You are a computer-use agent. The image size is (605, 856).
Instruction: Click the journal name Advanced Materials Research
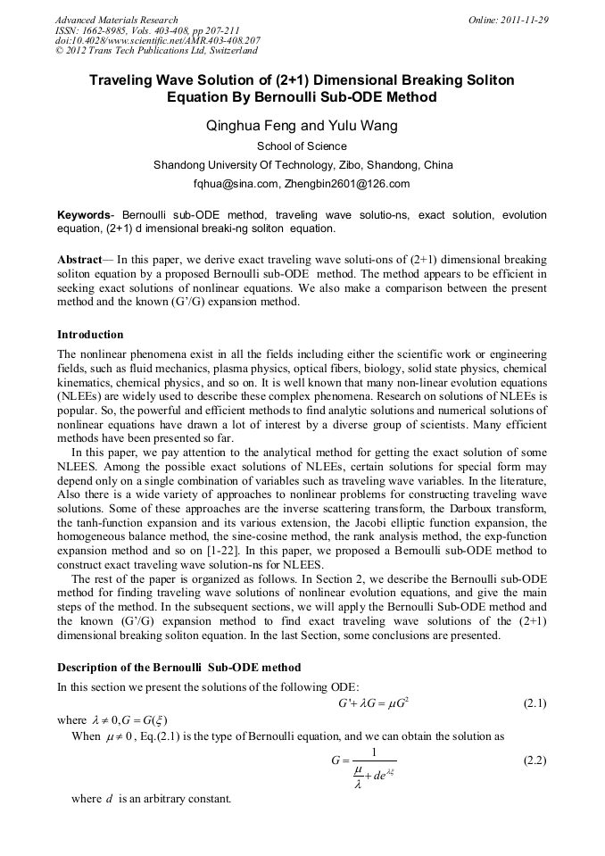coord(116,20)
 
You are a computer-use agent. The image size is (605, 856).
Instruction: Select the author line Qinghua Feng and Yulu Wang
coord(302,126)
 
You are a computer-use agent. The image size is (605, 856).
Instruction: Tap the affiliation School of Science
coord(302,146)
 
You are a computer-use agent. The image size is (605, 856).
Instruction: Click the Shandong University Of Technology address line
coord(302,165)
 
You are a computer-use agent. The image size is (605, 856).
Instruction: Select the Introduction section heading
coord(90,335)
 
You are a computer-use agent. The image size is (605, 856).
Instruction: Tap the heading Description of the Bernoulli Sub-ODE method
coord(178,668)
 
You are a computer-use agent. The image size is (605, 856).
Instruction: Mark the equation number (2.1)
coord(534,703)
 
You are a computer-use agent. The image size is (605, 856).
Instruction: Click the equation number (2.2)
coord(534,760)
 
